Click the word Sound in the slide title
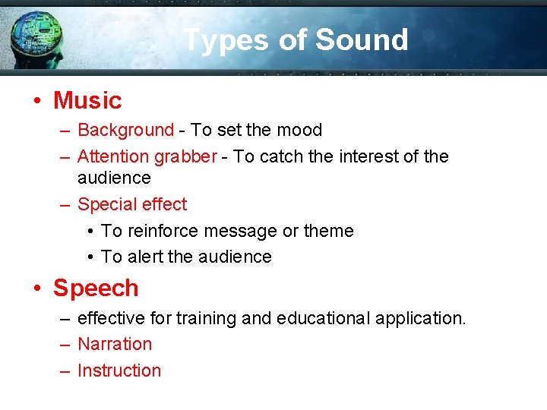[362, 39]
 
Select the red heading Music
[87, 100]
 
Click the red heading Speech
[96, 289]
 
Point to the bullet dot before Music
[38, 101]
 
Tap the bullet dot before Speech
[38, 289]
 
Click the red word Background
[125, 131]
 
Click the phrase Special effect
[132, 205]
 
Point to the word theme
[328, 231]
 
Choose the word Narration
[115, 344]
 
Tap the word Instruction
[119, 371]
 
